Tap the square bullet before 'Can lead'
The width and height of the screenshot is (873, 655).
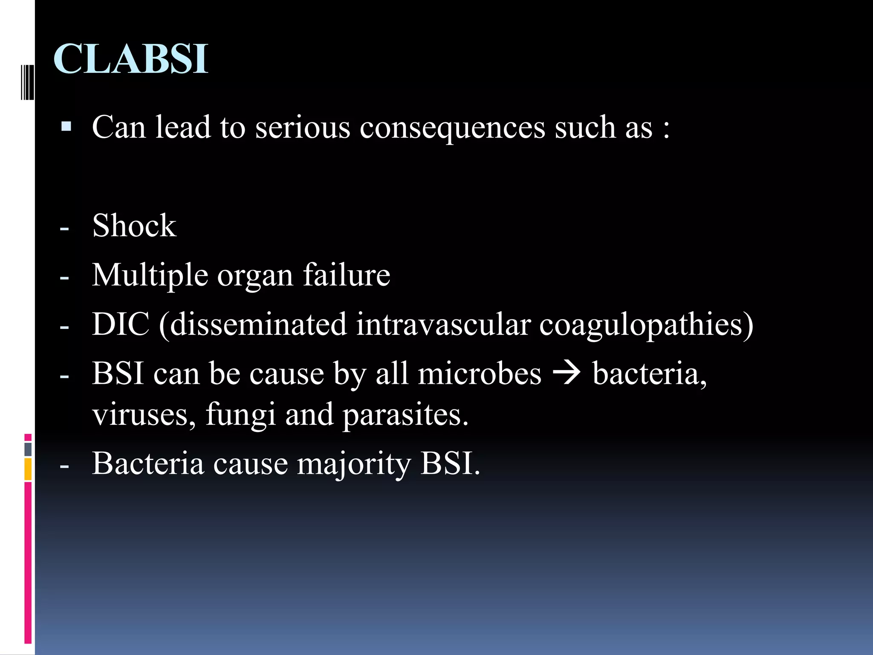coord(66,127)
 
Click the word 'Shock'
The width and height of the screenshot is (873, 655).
coord(134,226)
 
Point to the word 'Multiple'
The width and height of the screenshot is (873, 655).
coord(150,275)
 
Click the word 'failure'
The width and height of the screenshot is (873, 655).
coord(347,275)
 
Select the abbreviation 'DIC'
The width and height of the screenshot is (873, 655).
coord(121,325)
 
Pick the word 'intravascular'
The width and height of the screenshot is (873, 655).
coord(443,325)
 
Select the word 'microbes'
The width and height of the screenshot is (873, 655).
coord(480,374)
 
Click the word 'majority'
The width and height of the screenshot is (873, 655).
coord(354,465)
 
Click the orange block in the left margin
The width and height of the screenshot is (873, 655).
coord(28,469)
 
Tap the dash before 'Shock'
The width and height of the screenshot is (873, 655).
coord(64,229)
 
